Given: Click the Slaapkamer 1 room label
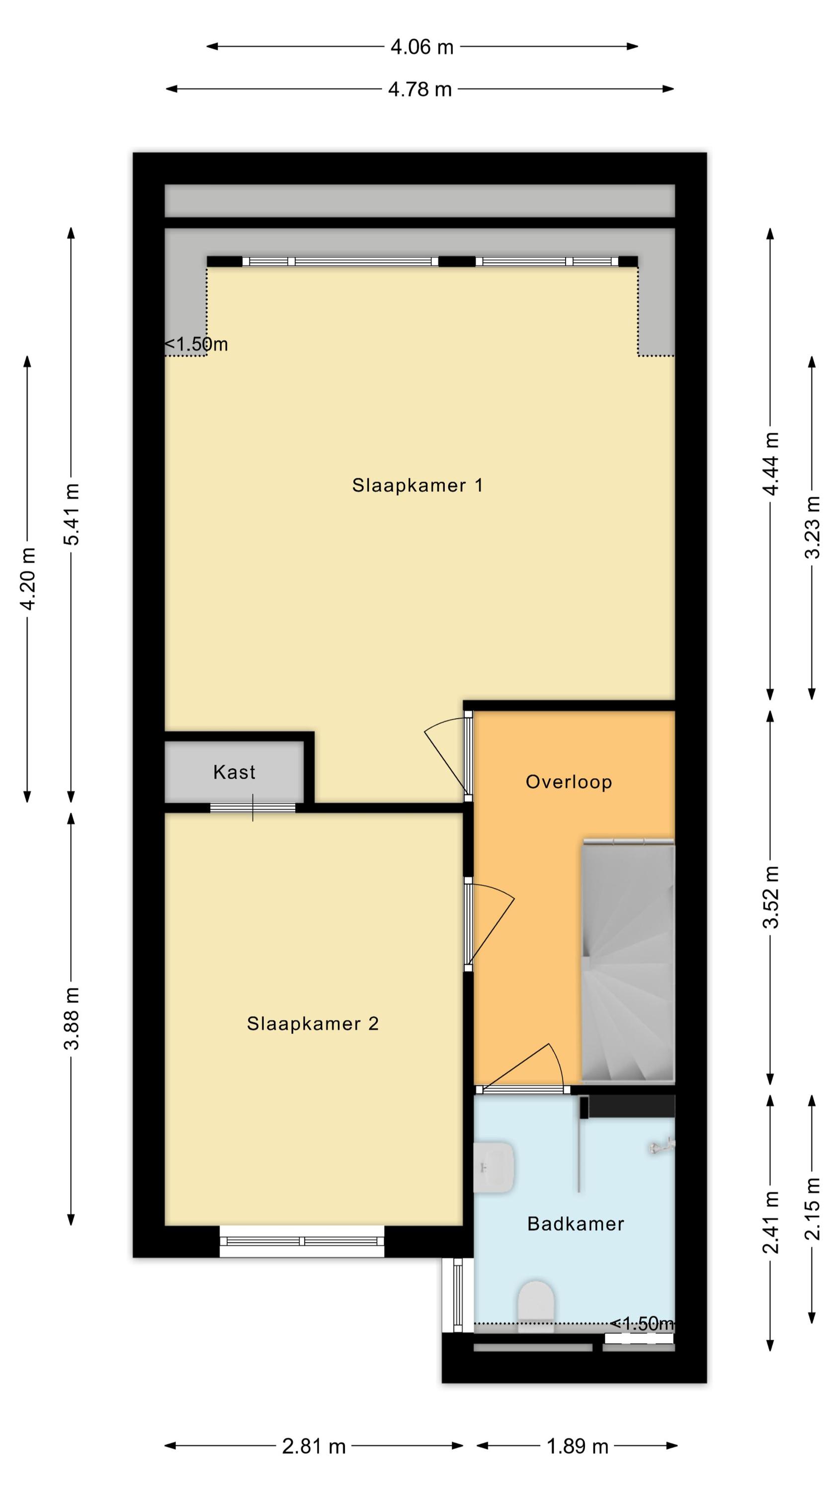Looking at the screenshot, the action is tap(418, 485).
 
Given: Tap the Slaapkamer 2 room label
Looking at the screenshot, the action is tap(313, 1024).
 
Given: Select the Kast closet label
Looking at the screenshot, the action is tap(234, 771).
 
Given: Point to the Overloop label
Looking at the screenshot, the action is tap(569, 782).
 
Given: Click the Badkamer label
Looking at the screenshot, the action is tap(576, 1224).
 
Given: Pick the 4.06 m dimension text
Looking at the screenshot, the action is tap(421, 47).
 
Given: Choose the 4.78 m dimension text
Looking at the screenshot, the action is tap(420, 89).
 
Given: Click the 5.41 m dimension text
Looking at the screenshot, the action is tap(71, 514).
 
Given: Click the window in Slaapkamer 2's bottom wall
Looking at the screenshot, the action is tap(302, 1241).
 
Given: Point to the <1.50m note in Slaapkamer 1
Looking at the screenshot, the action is tap(196, 344).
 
